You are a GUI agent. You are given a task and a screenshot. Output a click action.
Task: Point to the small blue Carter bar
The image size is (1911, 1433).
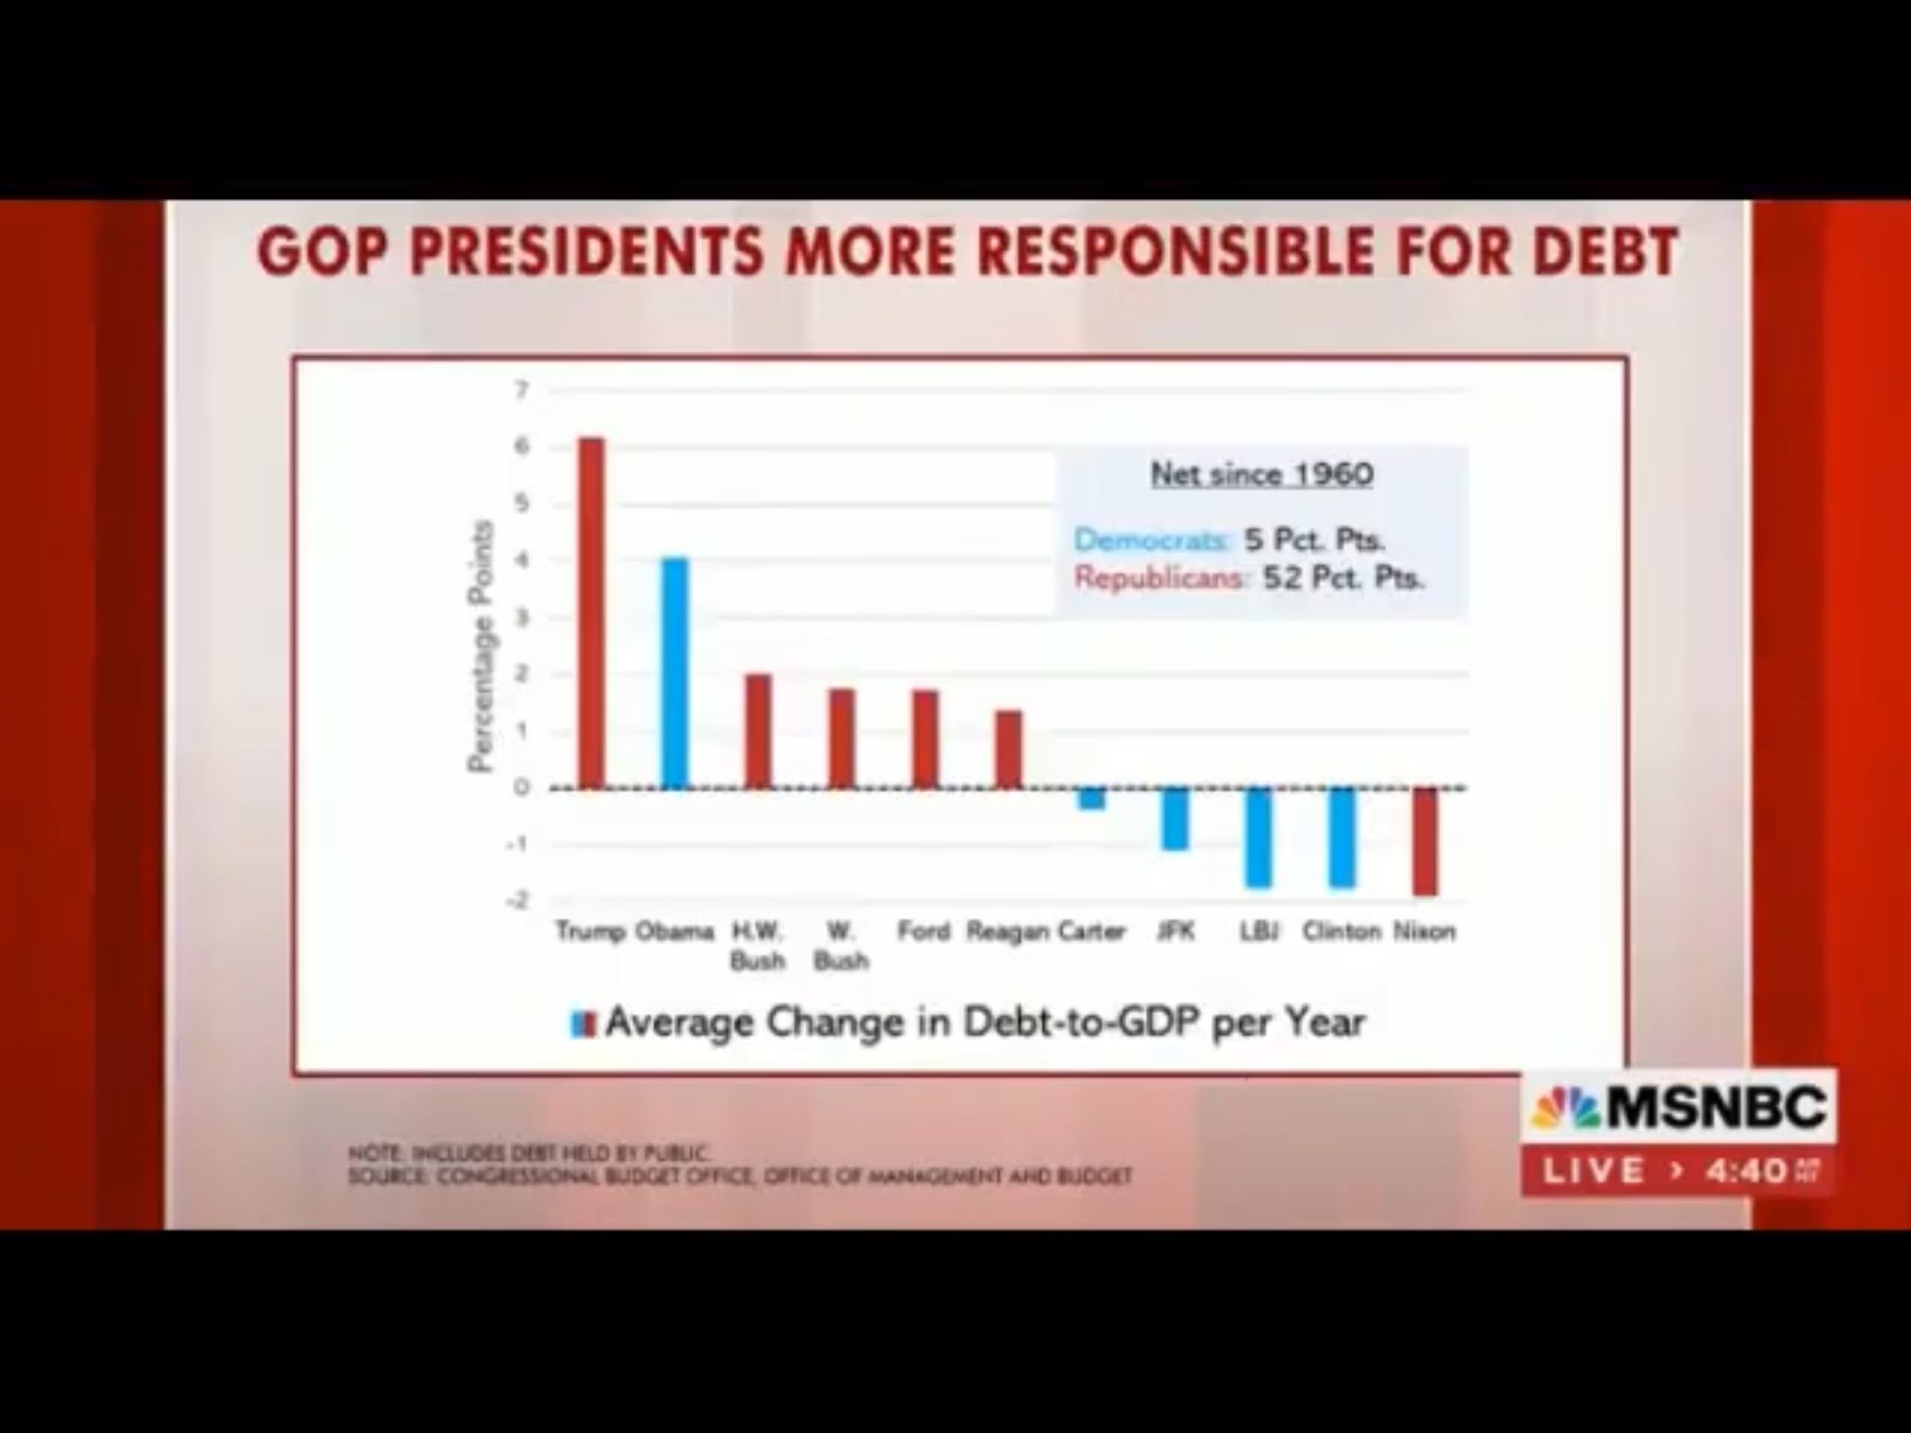[1092, 798]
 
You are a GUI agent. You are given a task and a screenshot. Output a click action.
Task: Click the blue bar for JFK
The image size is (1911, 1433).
[1175, 818]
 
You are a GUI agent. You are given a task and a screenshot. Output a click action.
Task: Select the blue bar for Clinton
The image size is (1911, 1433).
[1341, 837]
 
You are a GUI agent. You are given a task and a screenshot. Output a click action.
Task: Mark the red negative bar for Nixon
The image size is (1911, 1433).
[1424, 841]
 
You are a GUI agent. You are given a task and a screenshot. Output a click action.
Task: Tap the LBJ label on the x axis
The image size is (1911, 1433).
[1257, 931]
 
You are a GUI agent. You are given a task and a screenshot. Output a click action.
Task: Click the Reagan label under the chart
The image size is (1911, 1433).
[1007, 931]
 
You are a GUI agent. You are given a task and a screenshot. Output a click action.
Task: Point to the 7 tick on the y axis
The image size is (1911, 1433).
[522, 390]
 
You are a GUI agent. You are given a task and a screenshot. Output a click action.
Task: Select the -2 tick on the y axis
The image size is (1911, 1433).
[518, 900]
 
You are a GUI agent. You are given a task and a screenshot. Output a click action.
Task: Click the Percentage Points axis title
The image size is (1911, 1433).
[480, 646]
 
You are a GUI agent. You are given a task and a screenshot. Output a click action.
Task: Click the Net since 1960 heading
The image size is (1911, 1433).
[1262, 474]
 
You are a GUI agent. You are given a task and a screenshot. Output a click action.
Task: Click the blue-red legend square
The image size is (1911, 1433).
[584, 1023]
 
